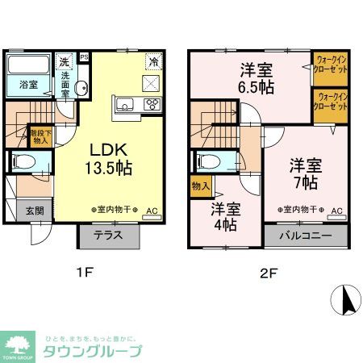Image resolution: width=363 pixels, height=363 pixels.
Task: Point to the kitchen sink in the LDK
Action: (126, 102)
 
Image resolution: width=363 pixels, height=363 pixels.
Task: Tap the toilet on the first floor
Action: (23, 161)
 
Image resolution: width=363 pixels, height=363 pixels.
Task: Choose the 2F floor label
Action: (269, 272)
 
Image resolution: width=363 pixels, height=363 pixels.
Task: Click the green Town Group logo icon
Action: (18, 344)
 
